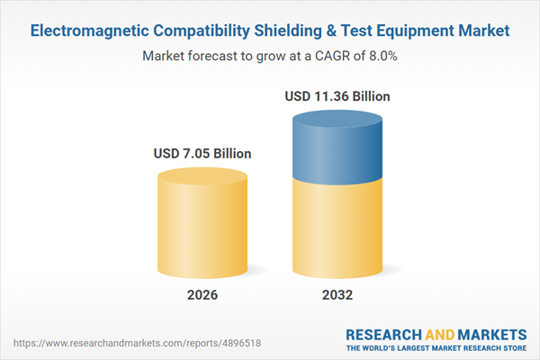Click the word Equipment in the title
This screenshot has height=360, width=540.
424,31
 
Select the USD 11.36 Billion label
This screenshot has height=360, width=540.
338,95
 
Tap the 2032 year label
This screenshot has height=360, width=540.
338,295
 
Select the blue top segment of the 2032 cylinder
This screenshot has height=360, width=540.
338,144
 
